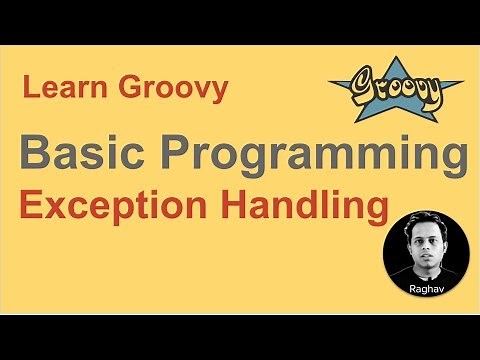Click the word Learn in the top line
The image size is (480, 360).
click(61, 90)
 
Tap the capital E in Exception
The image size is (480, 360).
click(31, 207)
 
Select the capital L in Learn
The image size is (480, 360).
click(30, 90)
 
